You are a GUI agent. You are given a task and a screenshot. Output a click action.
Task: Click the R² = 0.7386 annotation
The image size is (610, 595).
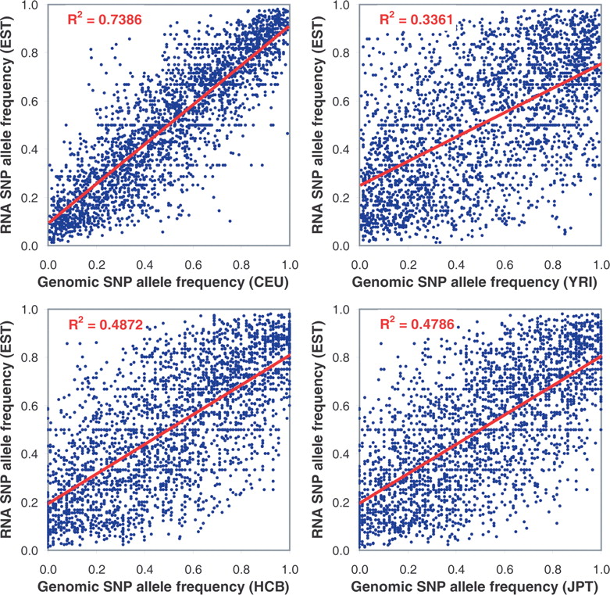coord(105,18)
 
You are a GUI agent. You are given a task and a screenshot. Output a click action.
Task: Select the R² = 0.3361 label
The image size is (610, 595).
coord(416,18)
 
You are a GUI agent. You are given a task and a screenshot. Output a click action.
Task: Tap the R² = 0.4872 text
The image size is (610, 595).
coord(105,324)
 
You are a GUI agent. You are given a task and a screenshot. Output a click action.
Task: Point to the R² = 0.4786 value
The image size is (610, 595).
coord(417,323)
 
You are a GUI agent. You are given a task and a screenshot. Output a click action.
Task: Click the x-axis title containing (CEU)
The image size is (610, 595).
coord(163,282)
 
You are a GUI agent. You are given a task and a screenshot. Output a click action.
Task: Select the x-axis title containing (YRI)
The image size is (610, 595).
coord(474,282)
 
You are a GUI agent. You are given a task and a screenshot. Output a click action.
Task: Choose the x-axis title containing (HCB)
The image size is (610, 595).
coord(163,586)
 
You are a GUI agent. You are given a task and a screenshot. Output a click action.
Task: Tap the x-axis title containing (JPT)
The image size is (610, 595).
coord(474,586)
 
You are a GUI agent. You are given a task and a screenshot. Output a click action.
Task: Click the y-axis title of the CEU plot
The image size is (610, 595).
coord(6,125)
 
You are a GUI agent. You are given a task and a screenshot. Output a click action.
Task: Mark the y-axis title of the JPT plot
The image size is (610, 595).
coord(318,430)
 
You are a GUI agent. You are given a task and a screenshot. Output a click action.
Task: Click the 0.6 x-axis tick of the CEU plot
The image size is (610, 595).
coord(193,265)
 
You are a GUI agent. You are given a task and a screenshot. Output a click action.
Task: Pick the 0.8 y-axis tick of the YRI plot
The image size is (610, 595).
coord(341,52)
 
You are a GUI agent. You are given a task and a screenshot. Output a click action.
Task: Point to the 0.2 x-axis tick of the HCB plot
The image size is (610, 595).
coord(97,570)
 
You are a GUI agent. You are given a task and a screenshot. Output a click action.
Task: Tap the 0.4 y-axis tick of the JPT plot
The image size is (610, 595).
coord(341,454)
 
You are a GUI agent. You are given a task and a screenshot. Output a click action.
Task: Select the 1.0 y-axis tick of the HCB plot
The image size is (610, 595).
coord(30,310)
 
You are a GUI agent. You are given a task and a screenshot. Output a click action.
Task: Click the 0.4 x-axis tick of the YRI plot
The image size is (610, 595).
coord(456,265)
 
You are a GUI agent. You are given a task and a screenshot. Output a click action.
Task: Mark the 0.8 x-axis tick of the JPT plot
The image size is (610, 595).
coord(553,570)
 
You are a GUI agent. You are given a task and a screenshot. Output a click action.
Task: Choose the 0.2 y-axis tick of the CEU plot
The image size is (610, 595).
coord(30,198)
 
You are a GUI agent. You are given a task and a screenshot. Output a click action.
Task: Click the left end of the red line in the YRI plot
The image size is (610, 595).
coord(360,185)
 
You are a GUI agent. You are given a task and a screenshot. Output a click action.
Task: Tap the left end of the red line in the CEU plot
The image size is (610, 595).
coord(48,222)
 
